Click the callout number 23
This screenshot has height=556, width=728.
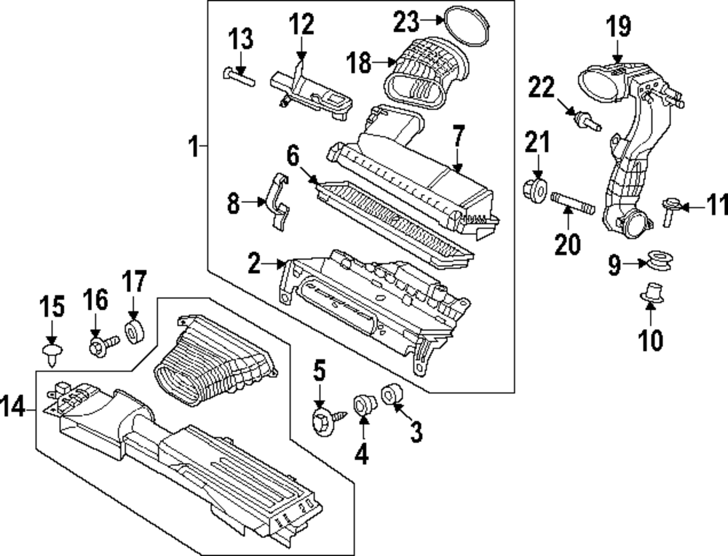tap(408, 21)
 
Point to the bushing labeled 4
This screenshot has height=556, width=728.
tap(362, 403)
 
